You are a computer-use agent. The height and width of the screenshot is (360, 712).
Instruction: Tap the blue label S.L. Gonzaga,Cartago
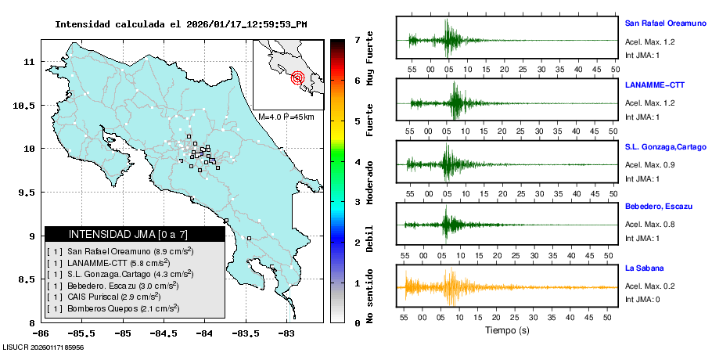(x=665, y=146)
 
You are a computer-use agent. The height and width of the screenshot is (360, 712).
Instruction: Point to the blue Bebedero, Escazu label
(x=659, y=207)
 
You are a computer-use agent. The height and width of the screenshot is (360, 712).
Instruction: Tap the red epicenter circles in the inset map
(x=297, y=77)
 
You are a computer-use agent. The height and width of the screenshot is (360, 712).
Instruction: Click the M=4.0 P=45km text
(x=286, y=117)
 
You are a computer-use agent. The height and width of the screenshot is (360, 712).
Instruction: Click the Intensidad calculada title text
(x=181, y=24)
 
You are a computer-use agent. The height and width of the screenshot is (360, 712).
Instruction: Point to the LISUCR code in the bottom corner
(x=44, y=347)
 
